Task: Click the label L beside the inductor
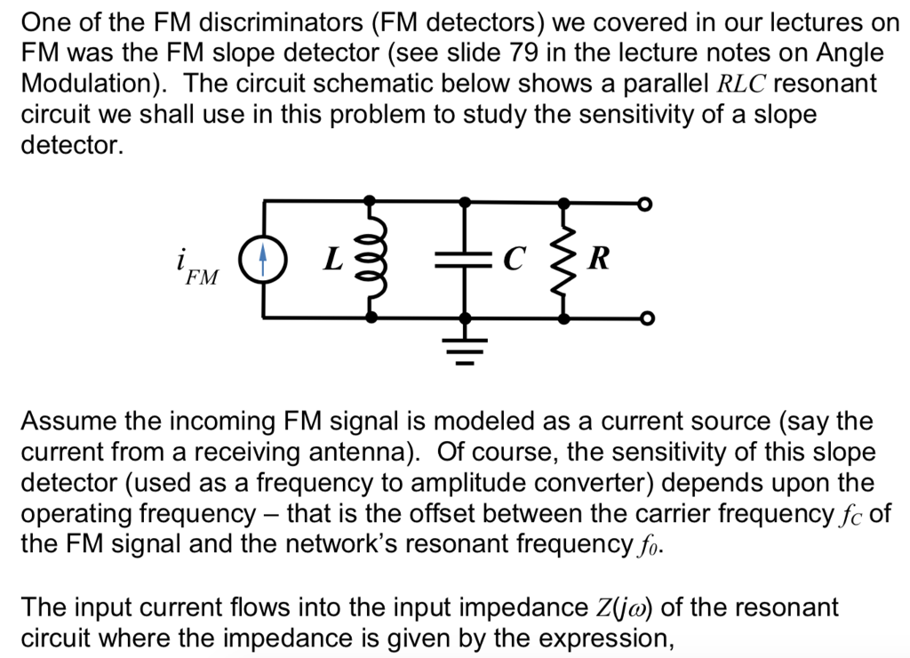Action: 332,260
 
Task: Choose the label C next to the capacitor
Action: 513,260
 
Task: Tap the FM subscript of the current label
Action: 202,277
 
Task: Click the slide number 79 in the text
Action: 527,52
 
